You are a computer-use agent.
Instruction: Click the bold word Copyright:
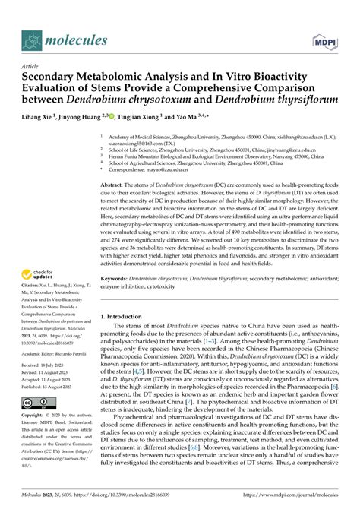(x=21, y=416)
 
